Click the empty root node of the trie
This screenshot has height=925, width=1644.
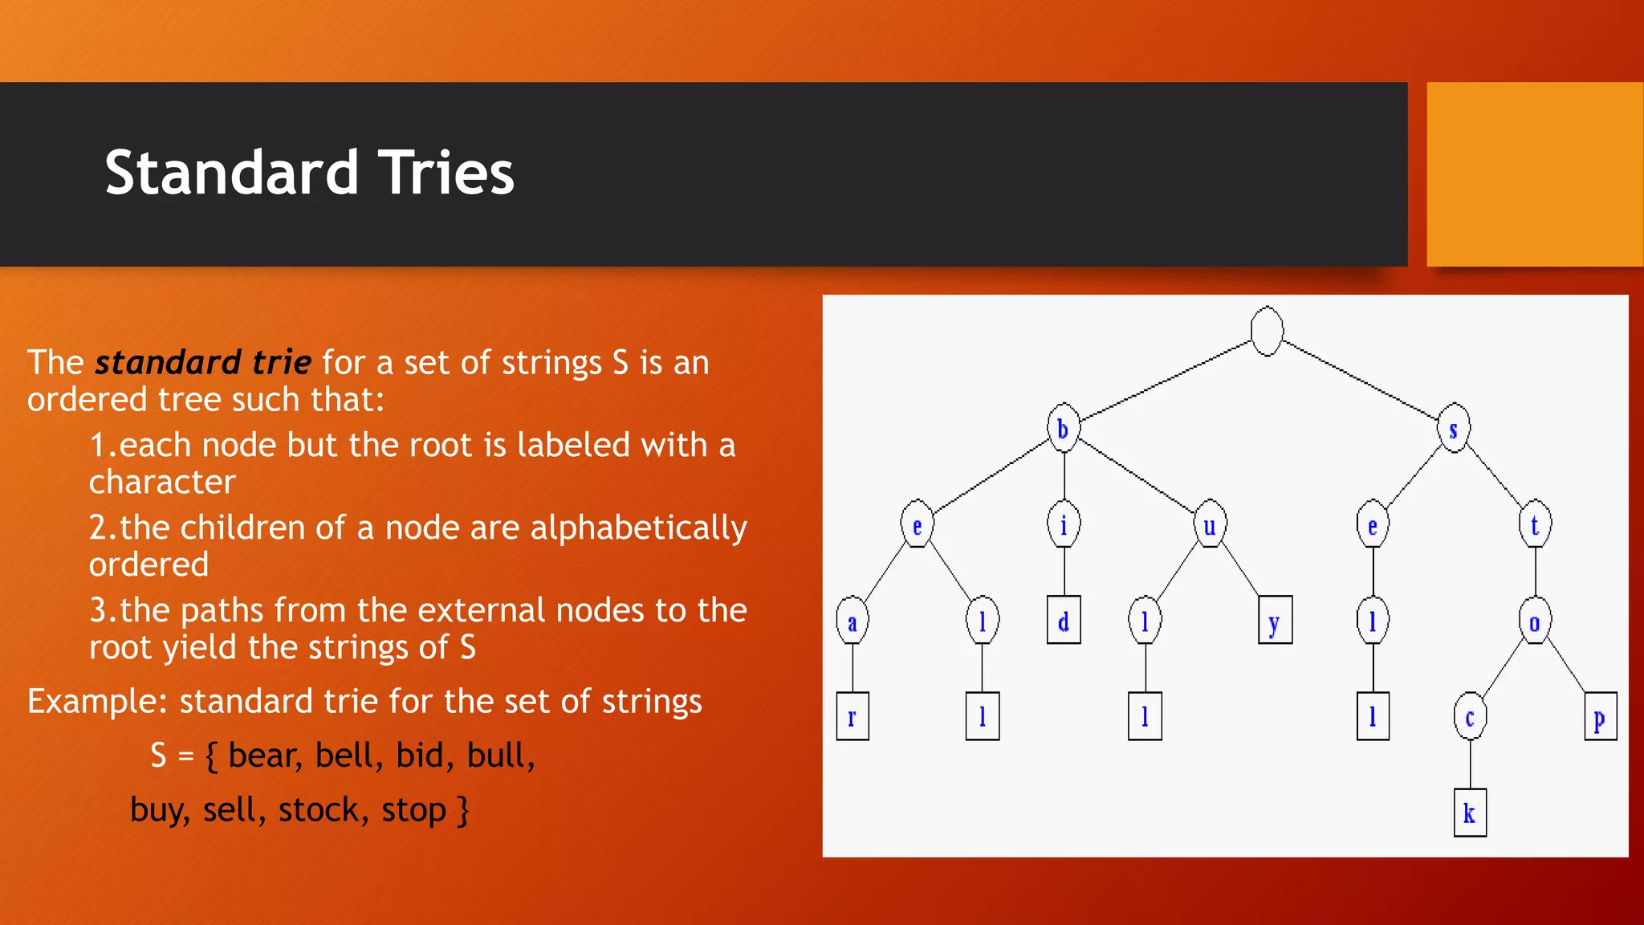coord(1267,331)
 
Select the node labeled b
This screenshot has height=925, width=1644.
coord(1064,428)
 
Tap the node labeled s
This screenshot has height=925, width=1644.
coord(1454,429)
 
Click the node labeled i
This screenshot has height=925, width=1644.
coord(1064,525)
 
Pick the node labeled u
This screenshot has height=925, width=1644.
coord(1210,525)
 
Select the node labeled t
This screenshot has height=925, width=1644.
coord(1535,525)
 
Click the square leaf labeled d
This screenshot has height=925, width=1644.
coord(1064,621)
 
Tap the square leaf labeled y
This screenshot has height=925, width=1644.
coord(1275,621)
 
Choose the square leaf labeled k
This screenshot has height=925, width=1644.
coord(1470,813)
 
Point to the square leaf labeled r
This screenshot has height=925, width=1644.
coord(853,716)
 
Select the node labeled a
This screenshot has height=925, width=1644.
coord(853,621)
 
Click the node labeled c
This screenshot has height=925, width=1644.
coord(1470,716)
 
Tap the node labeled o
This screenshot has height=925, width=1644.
coord(1535,621)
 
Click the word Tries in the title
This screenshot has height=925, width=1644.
coord(446,173)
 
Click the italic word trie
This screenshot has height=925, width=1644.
coord(281,363)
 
